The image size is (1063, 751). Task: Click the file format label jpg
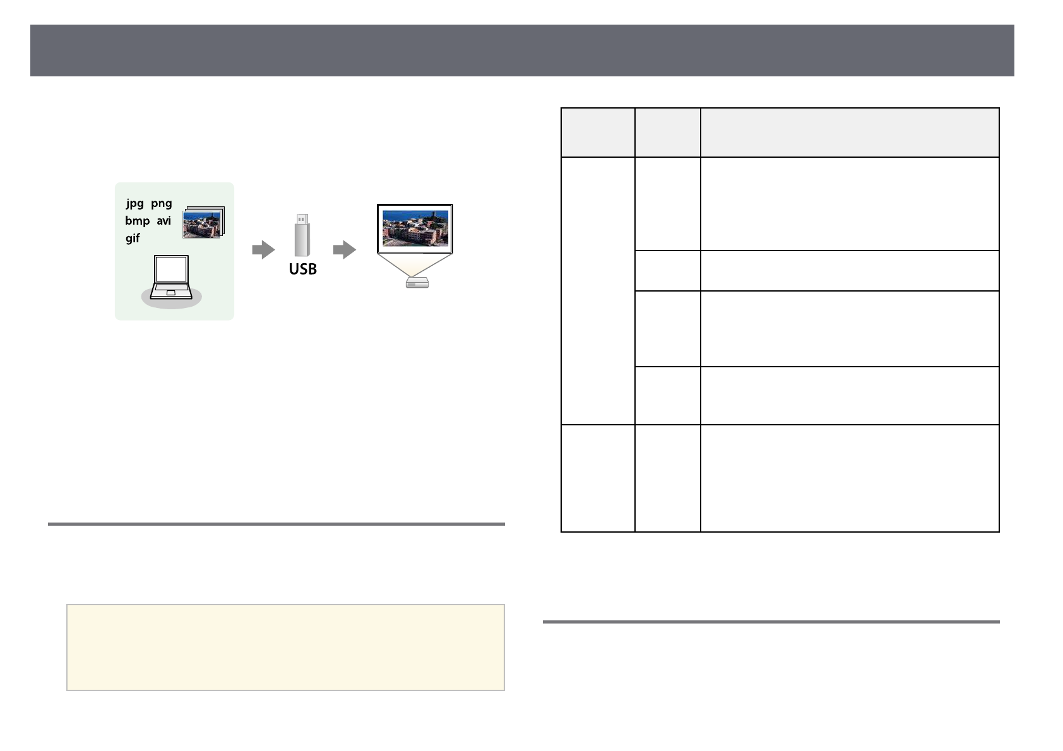[x=135, y=203]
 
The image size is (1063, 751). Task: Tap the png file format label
[x=162, y=203]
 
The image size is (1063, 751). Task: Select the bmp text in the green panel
[x=137, y=221]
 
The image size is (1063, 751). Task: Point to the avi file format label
[x=164, y=221]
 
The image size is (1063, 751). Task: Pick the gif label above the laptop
[x=133, y=238]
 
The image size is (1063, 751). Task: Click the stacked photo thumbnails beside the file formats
[x=203, y=223]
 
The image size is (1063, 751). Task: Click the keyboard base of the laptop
[x=170, y=292]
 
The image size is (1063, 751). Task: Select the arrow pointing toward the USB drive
[x=263, y=250]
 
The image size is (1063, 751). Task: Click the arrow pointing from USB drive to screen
[x=345, y=250]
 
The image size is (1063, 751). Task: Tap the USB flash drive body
[x=302, y=241]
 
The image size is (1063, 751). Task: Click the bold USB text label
[x=303, y=269]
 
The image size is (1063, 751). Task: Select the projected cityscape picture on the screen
[x=415, y=228]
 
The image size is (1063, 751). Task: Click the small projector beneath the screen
[x=417, y=283]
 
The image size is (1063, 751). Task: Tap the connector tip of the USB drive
[x=302, y=219]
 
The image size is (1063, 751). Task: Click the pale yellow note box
[x=285, y=647]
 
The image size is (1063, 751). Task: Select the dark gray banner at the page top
[x=522, y=50]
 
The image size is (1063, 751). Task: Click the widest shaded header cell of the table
[x=850, y=133]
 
